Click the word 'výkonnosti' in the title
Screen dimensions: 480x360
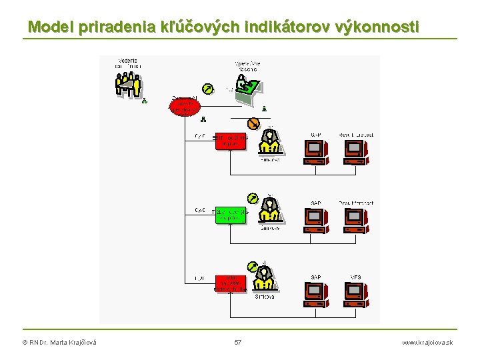[x=379, y=27]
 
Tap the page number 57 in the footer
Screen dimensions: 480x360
[x=238, y=342]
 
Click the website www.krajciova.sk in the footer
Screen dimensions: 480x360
[x=427, y=342]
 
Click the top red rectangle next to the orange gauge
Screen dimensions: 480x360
[x=231, y=141]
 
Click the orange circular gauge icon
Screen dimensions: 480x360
[x=253, y=124]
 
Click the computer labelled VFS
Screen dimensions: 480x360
[x=355, y=293]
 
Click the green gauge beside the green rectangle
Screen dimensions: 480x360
[x=253, y=198]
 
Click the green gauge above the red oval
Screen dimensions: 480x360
[x=209, y=89]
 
